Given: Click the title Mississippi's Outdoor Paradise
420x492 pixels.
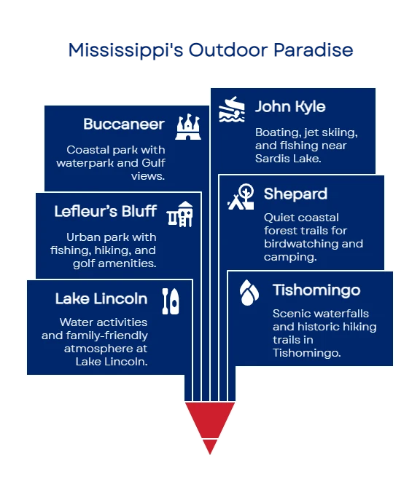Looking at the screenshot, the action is (x=211, y=50).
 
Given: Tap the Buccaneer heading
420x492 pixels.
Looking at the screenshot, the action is (x=124, y=124).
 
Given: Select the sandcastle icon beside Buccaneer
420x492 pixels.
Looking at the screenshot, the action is (x=188, y=127).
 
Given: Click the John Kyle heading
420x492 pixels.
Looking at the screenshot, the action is (x=290, y=107).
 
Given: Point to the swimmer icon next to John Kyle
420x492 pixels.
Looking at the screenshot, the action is (x=232, y=109).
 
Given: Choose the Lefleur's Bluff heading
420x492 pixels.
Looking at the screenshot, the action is (x=105, y=211).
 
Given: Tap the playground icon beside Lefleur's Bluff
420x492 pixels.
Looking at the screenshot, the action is (x=179, y=214).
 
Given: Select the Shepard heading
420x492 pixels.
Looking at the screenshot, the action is (x=295, y=194).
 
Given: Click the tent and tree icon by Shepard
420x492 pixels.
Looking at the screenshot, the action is (x=241, y=197).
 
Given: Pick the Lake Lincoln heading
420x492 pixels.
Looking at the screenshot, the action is (x=101, y=298).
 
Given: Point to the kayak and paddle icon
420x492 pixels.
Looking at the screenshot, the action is (x=171, y=301).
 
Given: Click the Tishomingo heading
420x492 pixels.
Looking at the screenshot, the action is (x=316, y=290).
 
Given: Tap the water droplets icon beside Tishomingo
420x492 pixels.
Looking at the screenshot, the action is (x=249, y=293).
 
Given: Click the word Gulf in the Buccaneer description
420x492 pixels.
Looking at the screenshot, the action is (x=153, y=163).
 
